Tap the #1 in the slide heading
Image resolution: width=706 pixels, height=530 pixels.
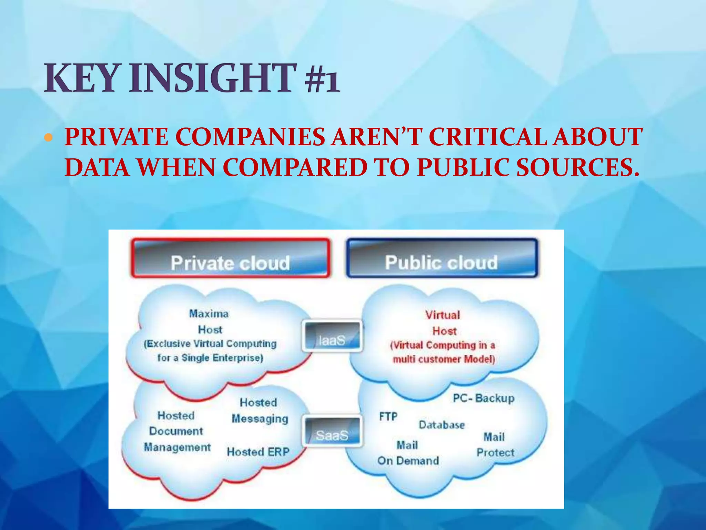(x=322, y=79)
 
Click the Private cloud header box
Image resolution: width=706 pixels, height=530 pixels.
(x=230, y=258)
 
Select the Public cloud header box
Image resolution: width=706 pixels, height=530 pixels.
(x=442, y=258)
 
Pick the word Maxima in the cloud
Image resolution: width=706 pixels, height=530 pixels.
(x=209, y=314)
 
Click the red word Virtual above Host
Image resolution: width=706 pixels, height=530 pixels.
(x=443, y=315)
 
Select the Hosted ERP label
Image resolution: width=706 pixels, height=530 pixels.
(x=258, y=452)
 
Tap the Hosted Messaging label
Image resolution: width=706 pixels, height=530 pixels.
(x=259, y=411)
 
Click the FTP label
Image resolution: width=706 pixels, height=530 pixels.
(x=389, y=417)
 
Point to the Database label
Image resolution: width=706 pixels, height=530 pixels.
(x=442, y=425)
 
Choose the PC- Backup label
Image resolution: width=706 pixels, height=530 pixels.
(x=484, y=398)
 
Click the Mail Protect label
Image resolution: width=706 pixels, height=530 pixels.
(x=495, y=445)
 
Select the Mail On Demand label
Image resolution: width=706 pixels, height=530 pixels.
(x=408, y=453)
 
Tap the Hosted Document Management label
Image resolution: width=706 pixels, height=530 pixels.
(x=176, y=431)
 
